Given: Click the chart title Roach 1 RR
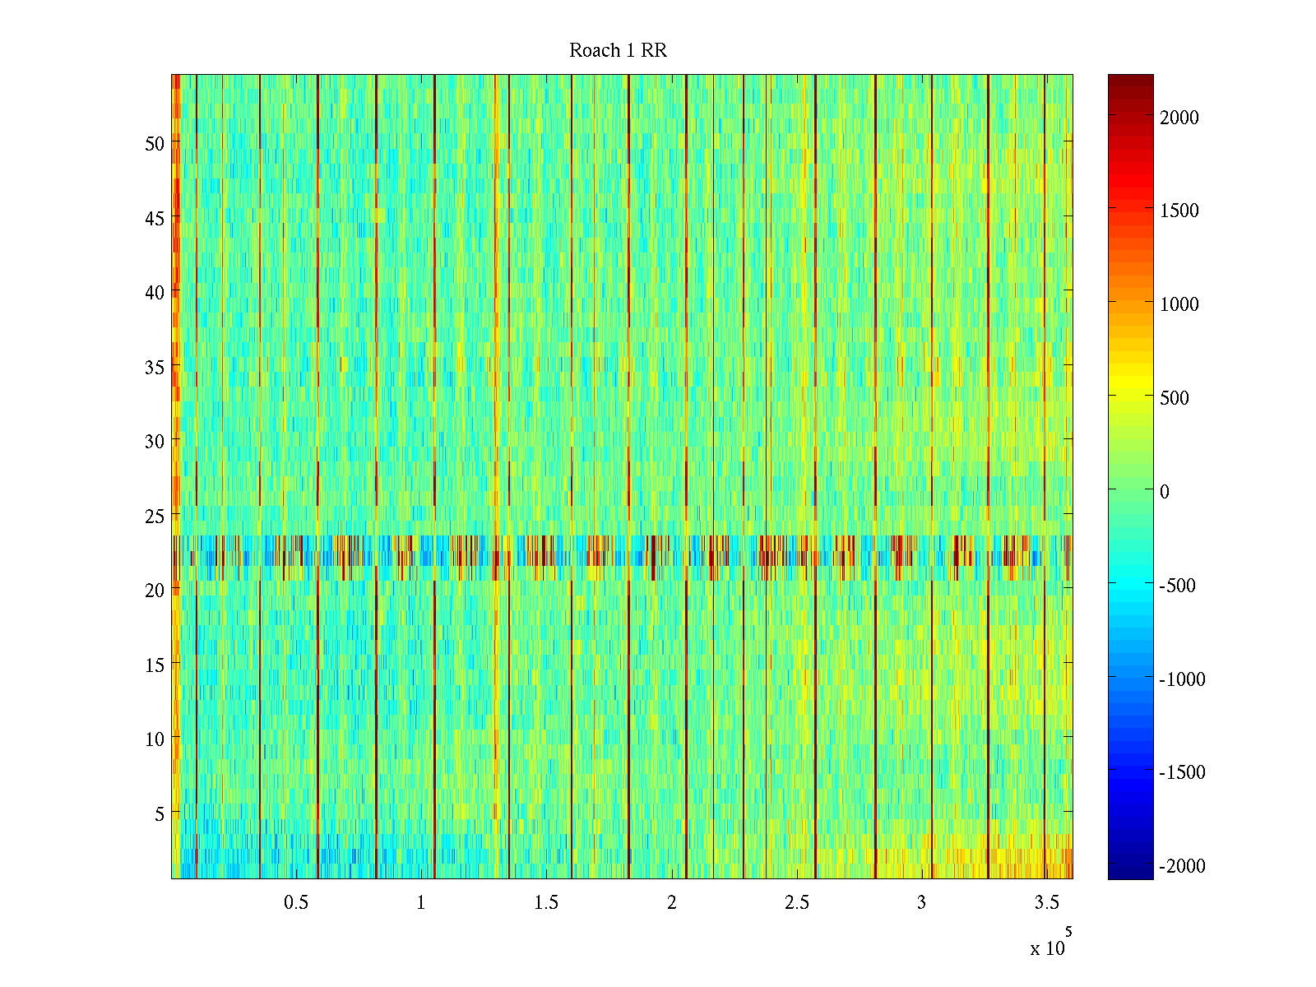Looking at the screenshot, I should [x=618, y=51].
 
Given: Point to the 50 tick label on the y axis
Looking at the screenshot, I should [x=155, y=143].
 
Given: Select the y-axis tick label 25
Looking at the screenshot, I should [x=155, y=517].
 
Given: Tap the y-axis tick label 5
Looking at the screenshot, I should [x=160, y=814].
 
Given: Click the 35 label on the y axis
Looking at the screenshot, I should [x=155, y=367].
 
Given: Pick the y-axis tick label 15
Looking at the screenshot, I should [x=155, y=665].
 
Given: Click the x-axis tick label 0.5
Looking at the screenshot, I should [x=296, y=903].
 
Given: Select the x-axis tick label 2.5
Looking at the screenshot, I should [x=796, y=903].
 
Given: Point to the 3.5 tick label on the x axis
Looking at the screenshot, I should [x=1046, y=903].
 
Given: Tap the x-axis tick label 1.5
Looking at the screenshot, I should [x=546, y=903].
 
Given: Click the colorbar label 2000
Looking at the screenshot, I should [x=1179, y=118].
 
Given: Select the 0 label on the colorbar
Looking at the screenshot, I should [x=1165, y=492].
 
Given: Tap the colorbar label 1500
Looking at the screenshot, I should [x=1179, y=211].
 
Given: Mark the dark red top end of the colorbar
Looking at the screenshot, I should [x=1130, y=80].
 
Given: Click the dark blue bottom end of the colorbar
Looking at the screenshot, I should [x=1130, y=873].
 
